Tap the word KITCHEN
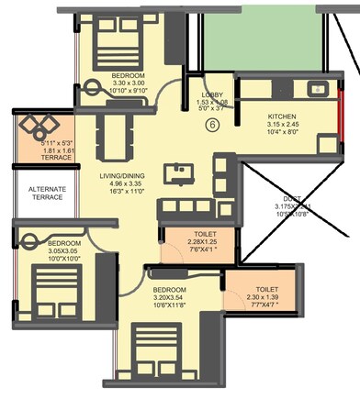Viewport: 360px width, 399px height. tap(282, 117)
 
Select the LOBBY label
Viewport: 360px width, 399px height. tap(213, 94)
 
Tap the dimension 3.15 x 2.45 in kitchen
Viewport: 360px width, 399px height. tap(281, 127)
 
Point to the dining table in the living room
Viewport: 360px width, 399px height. tap(113, 138)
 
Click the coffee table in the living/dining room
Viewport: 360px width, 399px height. tap(174, 172)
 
